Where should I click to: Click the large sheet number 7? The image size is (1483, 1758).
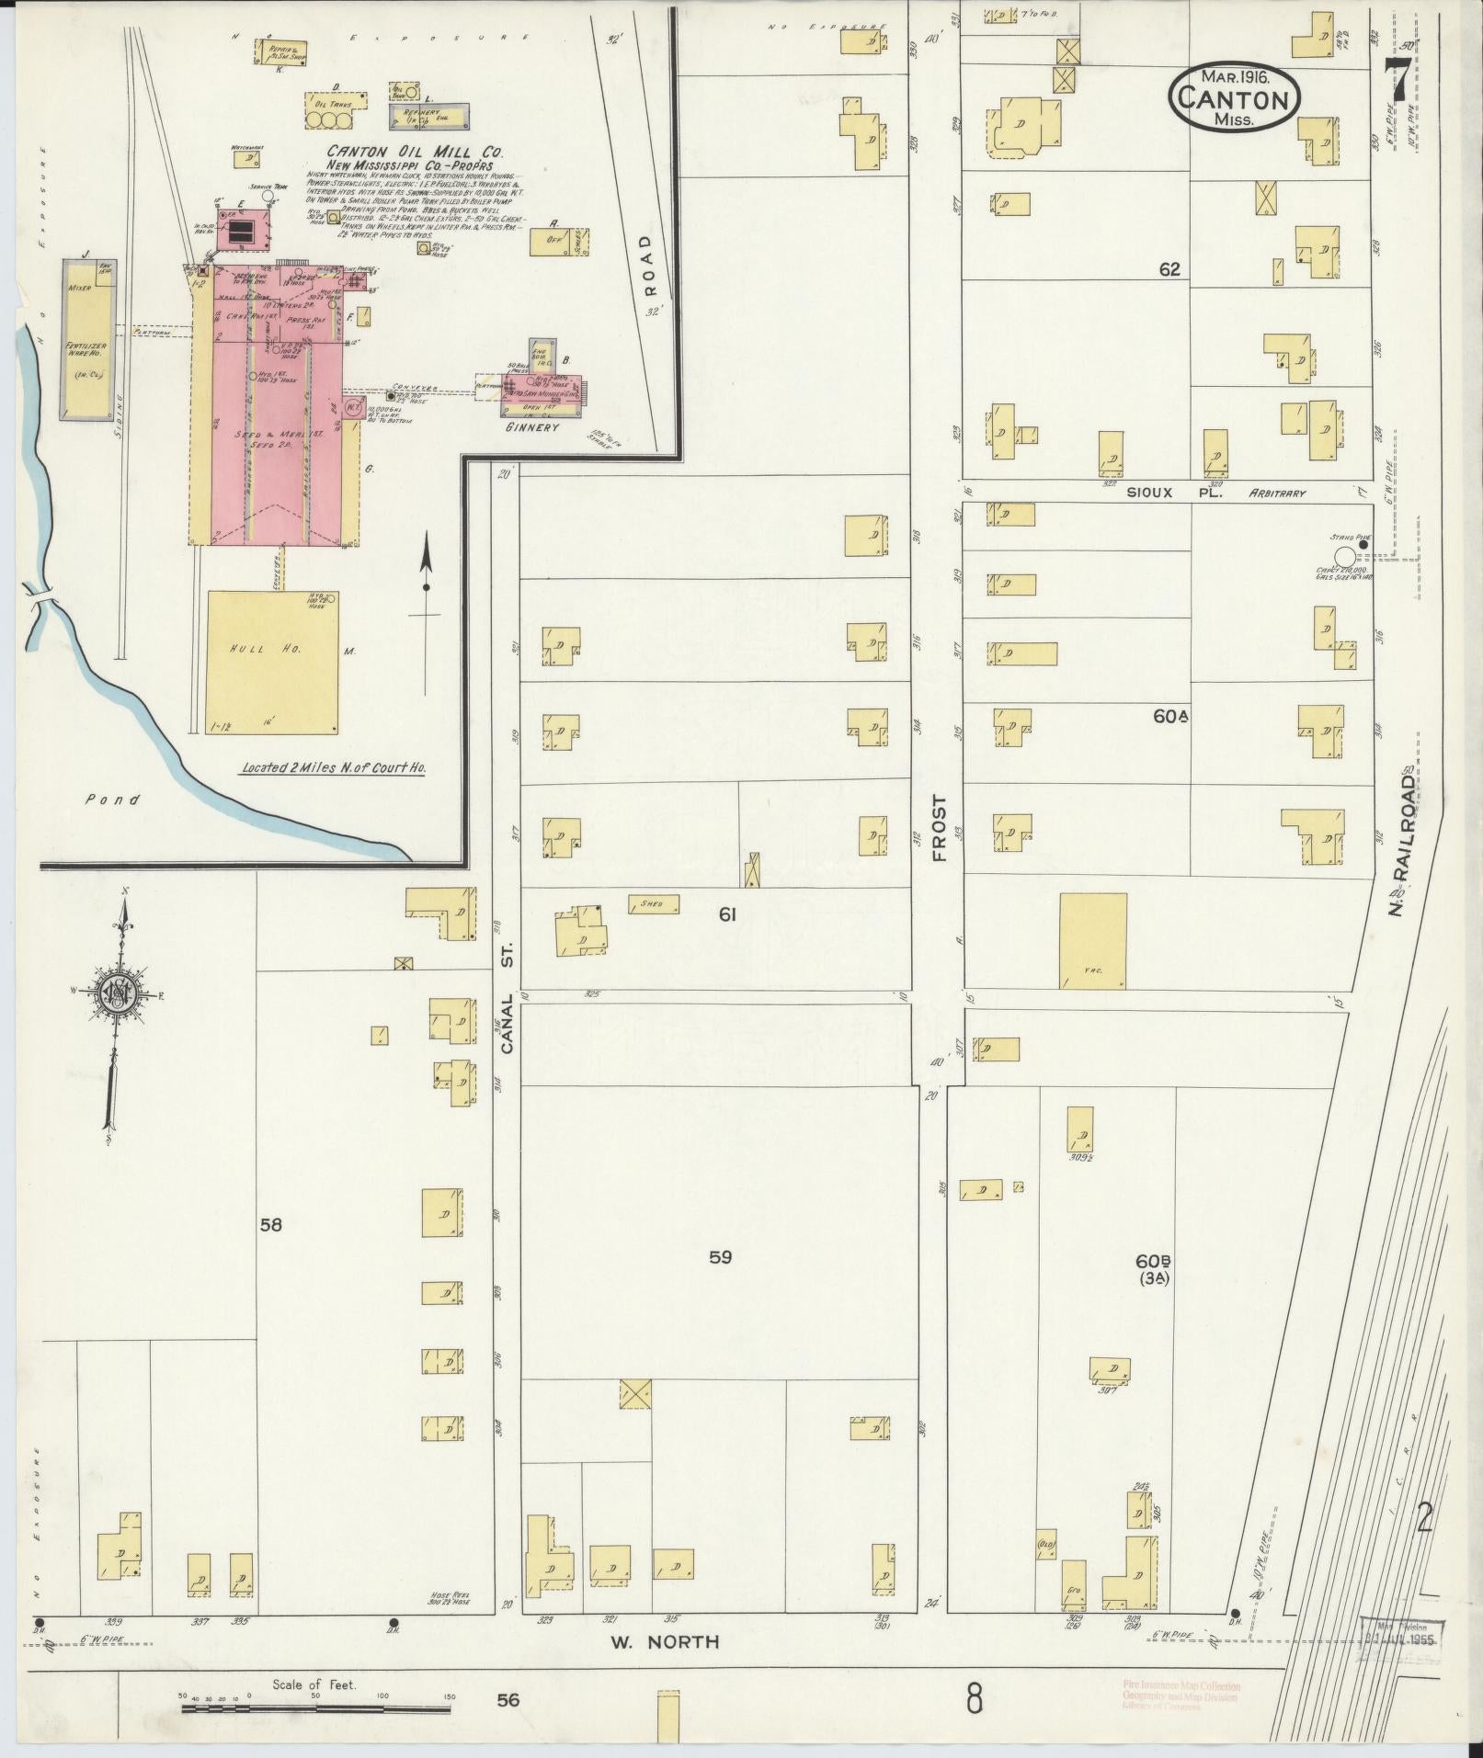tap(1400, 81)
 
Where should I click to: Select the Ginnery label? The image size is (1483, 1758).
tap(531, 427)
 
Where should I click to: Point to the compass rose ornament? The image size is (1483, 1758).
tap(119, 993)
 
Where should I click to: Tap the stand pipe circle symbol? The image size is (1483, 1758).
tap(1344, 555)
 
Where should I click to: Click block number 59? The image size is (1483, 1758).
tap(721, 1257)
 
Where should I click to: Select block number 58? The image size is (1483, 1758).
tap(270, 1225)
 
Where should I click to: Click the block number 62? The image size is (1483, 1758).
tap(1169, 269)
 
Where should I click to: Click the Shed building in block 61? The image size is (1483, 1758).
tap(654, 903)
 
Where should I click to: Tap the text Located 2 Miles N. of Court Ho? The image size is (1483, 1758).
tap(333, 767)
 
